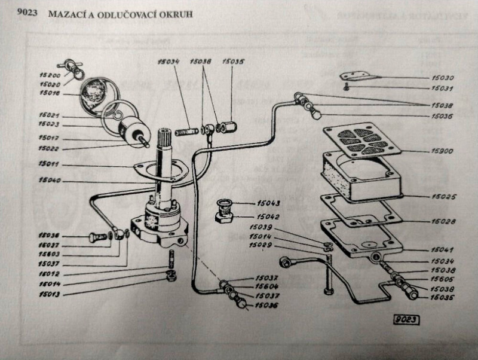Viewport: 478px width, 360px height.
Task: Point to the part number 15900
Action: click(x=443, y=152)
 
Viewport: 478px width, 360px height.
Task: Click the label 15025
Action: click(x=443, y=196)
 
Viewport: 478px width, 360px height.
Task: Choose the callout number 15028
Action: click(x=443, y=221)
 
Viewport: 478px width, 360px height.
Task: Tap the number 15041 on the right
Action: click(x=443, y=249)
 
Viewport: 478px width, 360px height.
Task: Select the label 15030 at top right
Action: click(x=443, y=78)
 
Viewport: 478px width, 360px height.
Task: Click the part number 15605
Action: click(x=443, y=279)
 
